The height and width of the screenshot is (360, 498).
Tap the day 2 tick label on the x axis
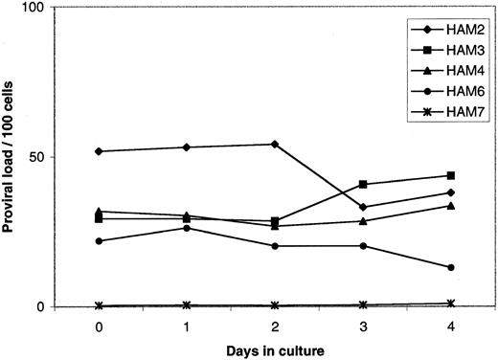point(275,326)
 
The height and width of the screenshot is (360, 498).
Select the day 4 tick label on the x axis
point(450,326)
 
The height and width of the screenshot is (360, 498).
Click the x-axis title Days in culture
point(276,349)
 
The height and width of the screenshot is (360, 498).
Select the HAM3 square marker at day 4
point(450,175)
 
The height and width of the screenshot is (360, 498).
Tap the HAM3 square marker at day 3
point(363,184)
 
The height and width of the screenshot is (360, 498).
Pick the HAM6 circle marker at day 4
point(450,267)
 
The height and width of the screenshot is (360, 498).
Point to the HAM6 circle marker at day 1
point(188,228)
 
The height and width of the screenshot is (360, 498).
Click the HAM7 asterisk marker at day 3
point(363,304)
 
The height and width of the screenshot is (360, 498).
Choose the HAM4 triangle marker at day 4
point(450,205)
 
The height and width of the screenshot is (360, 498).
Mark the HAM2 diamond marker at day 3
point(363,207)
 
